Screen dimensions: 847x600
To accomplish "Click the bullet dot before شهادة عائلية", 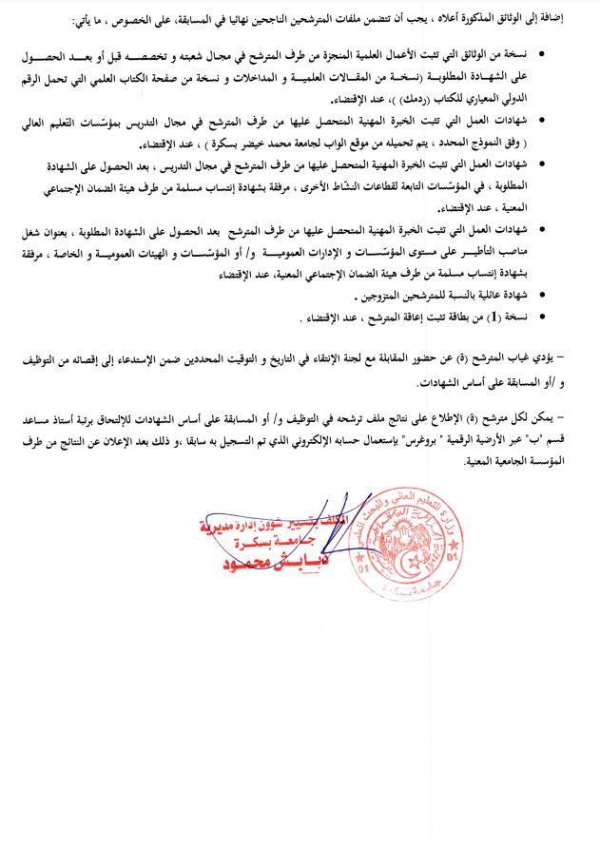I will (x=542, y=298).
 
